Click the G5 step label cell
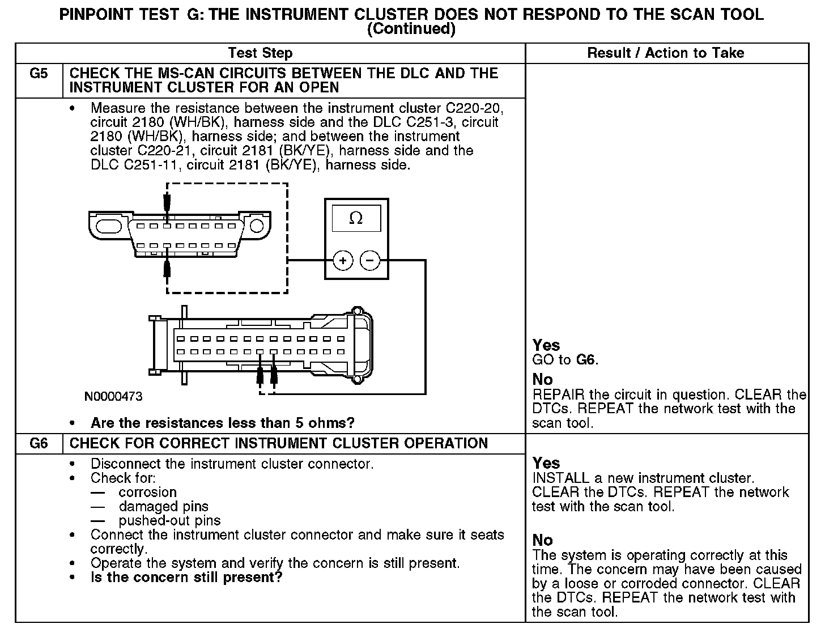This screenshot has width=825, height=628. pos(39,74)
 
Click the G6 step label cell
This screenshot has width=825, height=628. pos(39,444)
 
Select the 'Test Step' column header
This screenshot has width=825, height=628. pos(260,53)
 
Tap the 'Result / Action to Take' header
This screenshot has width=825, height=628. pos(666,53)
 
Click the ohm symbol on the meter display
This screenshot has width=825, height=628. pos(356,218)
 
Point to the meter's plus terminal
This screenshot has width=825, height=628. pos(342,261)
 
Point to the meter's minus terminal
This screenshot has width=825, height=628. pos(370,261)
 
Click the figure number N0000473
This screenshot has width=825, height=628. pos(113,397)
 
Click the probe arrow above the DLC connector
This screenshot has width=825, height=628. pos(167,202)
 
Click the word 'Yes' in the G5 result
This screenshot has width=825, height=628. pos(546,345)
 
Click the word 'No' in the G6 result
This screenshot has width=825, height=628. pos(543,540)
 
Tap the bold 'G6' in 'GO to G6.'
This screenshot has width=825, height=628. pos(586,360)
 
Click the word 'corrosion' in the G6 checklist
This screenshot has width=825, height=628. pos(147,493)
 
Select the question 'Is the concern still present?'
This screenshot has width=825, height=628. pos(186,578)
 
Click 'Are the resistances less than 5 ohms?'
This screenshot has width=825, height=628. pos(222,423)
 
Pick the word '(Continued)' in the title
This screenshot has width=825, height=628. pos(411,29)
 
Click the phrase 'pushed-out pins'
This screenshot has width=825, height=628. pos(169,521)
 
